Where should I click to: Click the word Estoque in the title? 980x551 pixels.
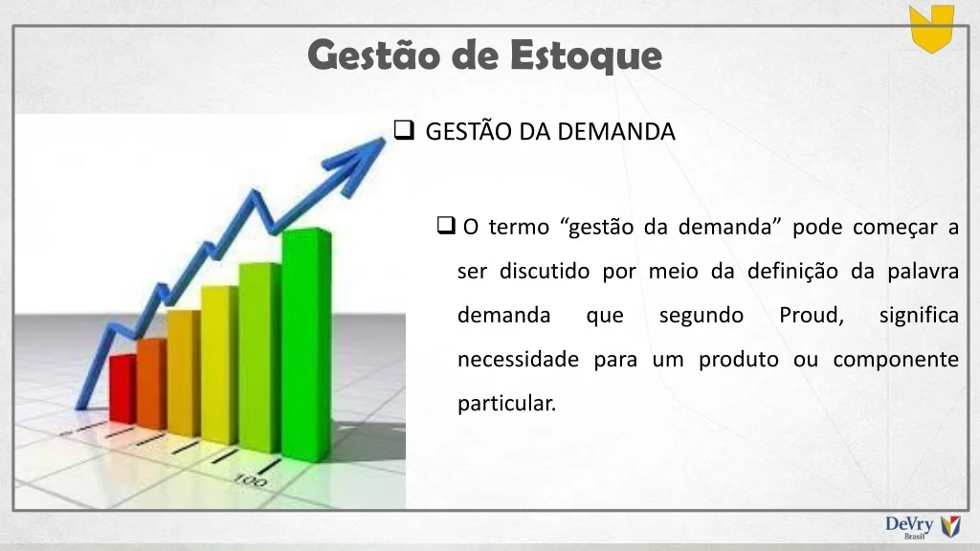(586, 55)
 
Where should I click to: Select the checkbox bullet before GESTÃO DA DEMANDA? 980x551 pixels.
(405, 130)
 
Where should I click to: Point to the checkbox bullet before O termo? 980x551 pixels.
(446, 225)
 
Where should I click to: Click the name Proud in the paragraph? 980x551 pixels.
(812, 315)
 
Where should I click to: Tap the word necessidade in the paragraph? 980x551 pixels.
(518, 360)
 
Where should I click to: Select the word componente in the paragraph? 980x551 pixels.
(896, 361)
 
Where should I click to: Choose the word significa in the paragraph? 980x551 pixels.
(919, 316)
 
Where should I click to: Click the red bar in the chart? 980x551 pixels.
(122, 388)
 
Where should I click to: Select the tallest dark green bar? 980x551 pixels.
(306, 344)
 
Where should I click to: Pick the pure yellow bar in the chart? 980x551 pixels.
(219, 364)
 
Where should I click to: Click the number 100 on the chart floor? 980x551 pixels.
(250, 480)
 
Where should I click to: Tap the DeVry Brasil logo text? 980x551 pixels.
(909, 526)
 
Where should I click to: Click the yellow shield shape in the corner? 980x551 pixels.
(931, 28)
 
